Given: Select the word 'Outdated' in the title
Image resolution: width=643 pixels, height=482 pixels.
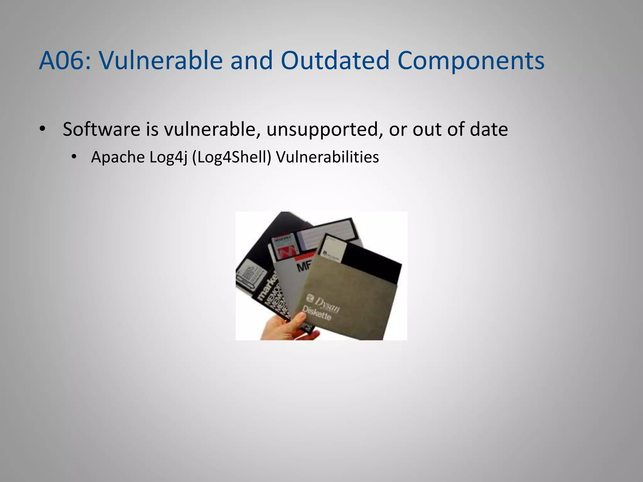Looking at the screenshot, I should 335,60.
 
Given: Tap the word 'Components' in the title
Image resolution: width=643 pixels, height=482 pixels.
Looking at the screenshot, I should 471,60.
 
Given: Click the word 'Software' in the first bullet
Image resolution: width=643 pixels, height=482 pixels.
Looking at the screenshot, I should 101,129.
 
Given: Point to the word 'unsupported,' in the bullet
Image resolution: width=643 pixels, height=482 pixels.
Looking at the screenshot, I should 324,130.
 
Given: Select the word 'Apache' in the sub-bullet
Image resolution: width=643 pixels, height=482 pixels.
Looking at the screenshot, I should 118,157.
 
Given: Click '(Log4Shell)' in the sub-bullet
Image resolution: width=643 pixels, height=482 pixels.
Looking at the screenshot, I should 231,157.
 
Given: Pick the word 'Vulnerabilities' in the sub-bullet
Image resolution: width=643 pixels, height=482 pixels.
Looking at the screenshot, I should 327,157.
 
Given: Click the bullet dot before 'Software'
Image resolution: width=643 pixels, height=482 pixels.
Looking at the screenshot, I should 43,129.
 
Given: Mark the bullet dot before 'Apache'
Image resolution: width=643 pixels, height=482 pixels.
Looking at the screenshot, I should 74,157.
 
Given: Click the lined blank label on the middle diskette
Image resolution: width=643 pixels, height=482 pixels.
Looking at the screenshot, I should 327,232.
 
